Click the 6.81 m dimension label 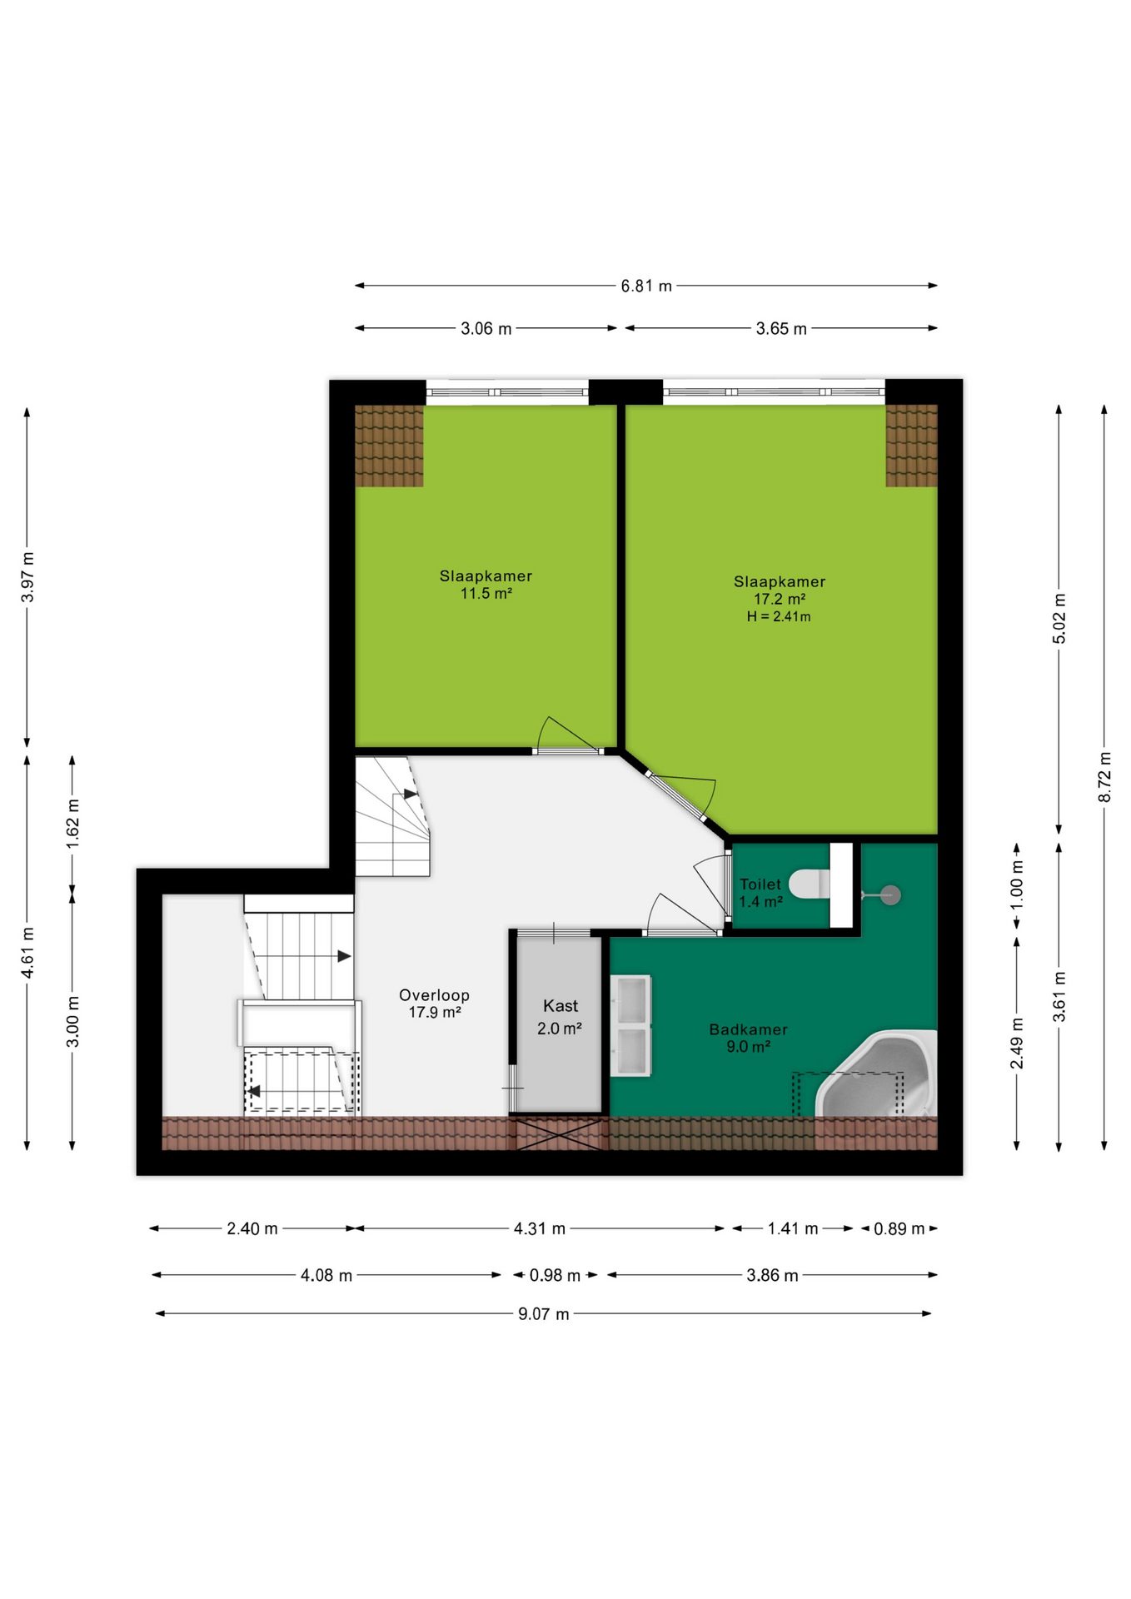(x=645, y=286)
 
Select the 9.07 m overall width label (x=543, y=1313)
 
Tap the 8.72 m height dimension (x=1104, y=776)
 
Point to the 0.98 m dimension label (x=555, y=1275)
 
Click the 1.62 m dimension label (x=72, y=824)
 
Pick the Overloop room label (x=434, y=994)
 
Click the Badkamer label (x=748, y=1029)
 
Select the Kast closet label (x=560, y=1006)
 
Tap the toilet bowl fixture (x=809, y=884)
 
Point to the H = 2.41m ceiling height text (x=779, y=616)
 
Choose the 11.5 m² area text (x=486, y=594)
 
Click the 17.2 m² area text (x=779, y=599)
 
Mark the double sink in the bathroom (x=630, y=1026)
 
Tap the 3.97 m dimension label (x=27, y=576)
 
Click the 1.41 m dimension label (x=792, y=1228)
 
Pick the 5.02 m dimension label (x=1059, y=618)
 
